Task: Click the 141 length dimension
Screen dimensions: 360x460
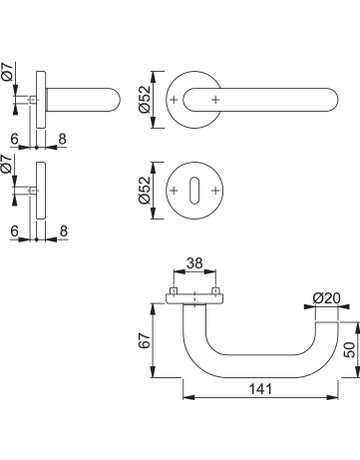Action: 261,389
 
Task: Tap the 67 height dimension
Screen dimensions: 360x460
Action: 145,340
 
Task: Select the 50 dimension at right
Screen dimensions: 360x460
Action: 350,350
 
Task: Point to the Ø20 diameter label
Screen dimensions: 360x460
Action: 326,298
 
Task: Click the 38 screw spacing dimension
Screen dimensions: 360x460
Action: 194,263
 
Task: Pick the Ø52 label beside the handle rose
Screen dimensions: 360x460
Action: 145,100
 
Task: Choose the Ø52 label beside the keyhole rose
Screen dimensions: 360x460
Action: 145,190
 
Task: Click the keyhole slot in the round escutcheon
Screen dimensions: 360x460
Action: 194,191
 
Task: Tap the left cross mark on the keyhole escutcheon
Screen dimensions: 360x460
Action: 173,191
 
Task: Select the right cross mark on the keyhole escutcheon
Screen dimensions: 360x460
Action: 216,191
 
